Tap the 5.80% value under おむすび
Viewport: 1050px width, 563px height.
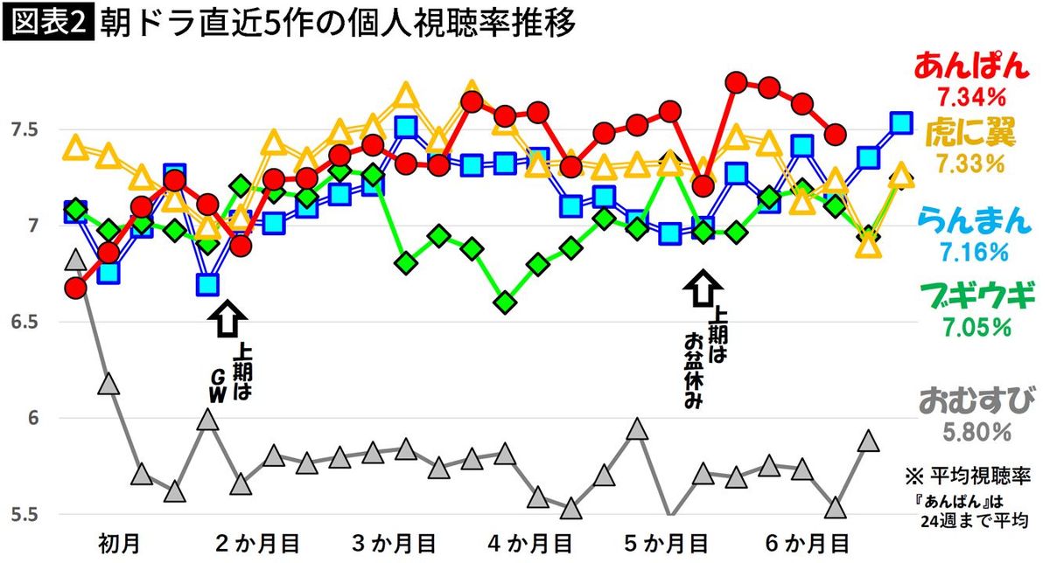point(973,432)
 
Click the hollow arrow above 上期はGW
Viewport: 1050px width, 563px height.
point(226,318)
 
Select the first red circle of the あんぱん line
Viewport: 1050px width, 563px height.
point(75,288)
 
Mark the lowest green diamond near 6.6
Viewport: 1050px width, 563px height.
point(506,302)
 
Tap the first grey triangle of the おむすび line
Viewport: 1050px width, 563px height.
point(76,260)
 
